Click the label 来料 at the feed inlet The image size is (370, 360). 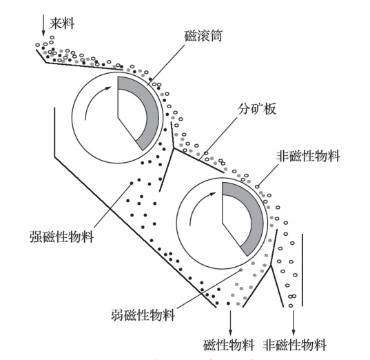(x=62, y=23)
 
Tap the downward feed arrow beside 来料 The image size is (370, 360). (x=43, y=26)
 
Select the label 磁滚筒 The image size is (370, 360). (x=203, y=36)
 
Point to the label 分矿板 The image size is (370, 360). (x=257, y=109)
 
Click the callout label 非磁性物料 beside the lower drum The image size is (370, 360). (x=308, y=156)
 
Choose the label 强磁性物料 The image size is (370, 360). (x=62, y=237)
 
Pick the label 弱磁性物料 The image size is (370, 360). (x=143, y=315)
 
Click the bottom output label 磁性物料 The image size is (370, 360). (x=229, y=345)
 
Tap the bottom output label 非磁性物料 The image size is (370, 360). (x=294, y=345)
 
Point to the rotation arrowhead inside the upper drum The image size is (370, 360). (x=108, y=88)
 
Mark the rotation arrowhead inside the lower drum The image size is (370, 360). (x=213, y=194)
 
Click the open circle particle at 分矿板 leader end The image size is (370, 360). (x=206, y=153)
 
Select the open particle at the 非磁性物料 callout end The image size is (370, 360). (x=258, y=187)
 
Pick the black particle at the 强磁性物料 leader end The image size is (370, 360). (x=132, y=183)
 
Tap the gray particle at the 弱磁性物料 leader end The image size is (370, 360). (x=241, y=270)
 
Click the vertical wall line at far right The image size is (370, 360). (x=302, y=270)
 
